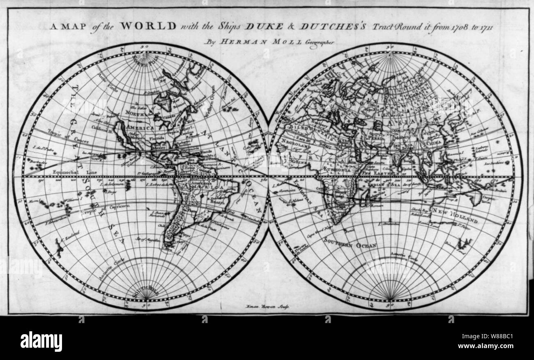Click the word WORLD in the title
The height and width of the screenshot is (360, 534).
pos(148,25)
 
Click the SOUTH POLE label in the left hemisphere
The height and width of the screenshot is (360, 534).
pos(146,292)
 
